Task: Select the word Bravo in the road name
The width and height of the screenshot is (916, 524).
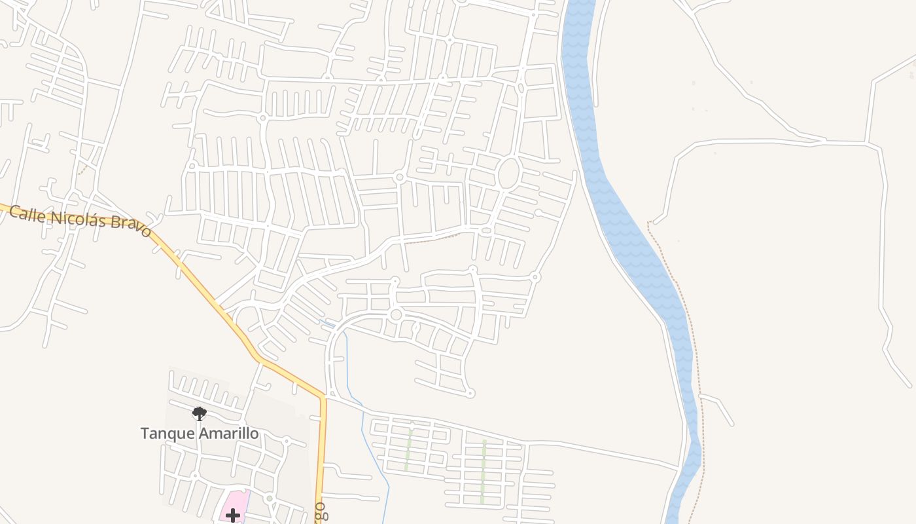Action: coord(130,226)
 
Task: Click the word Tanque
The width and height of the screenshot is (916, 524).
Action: coord(167,434)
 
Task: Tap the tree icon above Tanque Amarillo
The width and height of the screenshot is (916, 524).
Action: coord(200,413)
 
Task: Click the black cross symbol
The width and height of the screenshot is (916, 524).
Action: coord(233,515)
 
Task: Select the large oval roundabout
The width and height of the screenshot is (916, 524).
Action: coord(508,174)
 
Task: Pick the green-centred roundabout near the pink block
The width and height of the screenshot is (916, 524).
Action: coord(269,499)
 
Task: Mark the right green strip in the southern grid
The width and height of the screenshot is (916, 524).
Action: coord(483,472)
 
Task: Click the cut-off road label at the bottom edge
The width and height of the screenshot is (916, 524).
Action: coord(320,512)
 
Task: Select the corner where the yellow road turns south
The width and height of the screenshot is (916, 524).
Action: coord(322,397)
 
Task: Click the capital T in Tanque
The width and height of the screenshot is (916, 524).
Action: coord(145,434)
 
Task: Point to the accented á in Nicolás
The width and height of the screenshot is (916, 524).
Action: coord(93,219)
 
